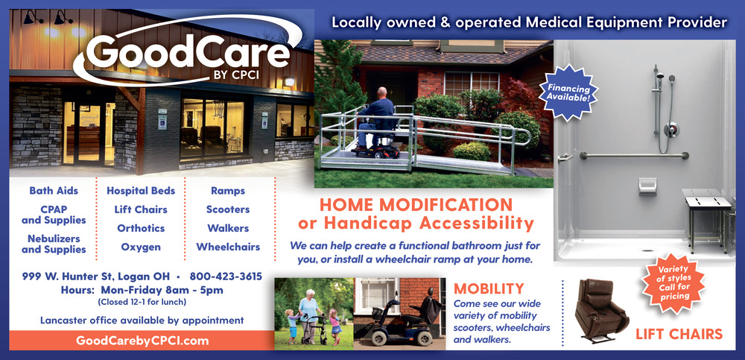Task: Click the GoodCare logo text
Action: tap(188, 52)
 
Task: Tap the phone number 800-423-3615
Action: tap(226, 277)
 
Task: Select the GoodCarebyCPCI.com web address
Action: tap(142, 341)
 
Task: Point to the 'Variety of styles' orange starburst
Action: tap(673, 282)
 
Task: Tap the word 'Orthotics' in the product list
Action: tap(141, 228)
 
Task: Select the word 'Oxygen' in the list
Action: tap(141, 247)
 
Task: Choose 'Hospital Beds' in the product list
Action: tap(141, 191)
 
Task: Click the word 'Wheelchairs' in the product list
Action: tap(228, 247)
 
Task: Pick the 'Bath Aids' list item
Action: tap(54, 191)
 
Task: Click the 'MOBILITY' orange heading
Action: tap(489, 288)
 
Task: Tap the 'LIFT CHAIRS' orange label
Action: tap(679, 335)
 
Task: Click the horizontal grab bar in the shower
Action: tap(634, 155)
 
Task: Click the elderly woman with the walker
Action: tap(310, 314)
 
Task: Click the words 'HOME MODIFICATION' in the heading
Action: tap(416, 205)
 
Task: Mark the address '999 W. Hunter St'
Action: tap(68, 277)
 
